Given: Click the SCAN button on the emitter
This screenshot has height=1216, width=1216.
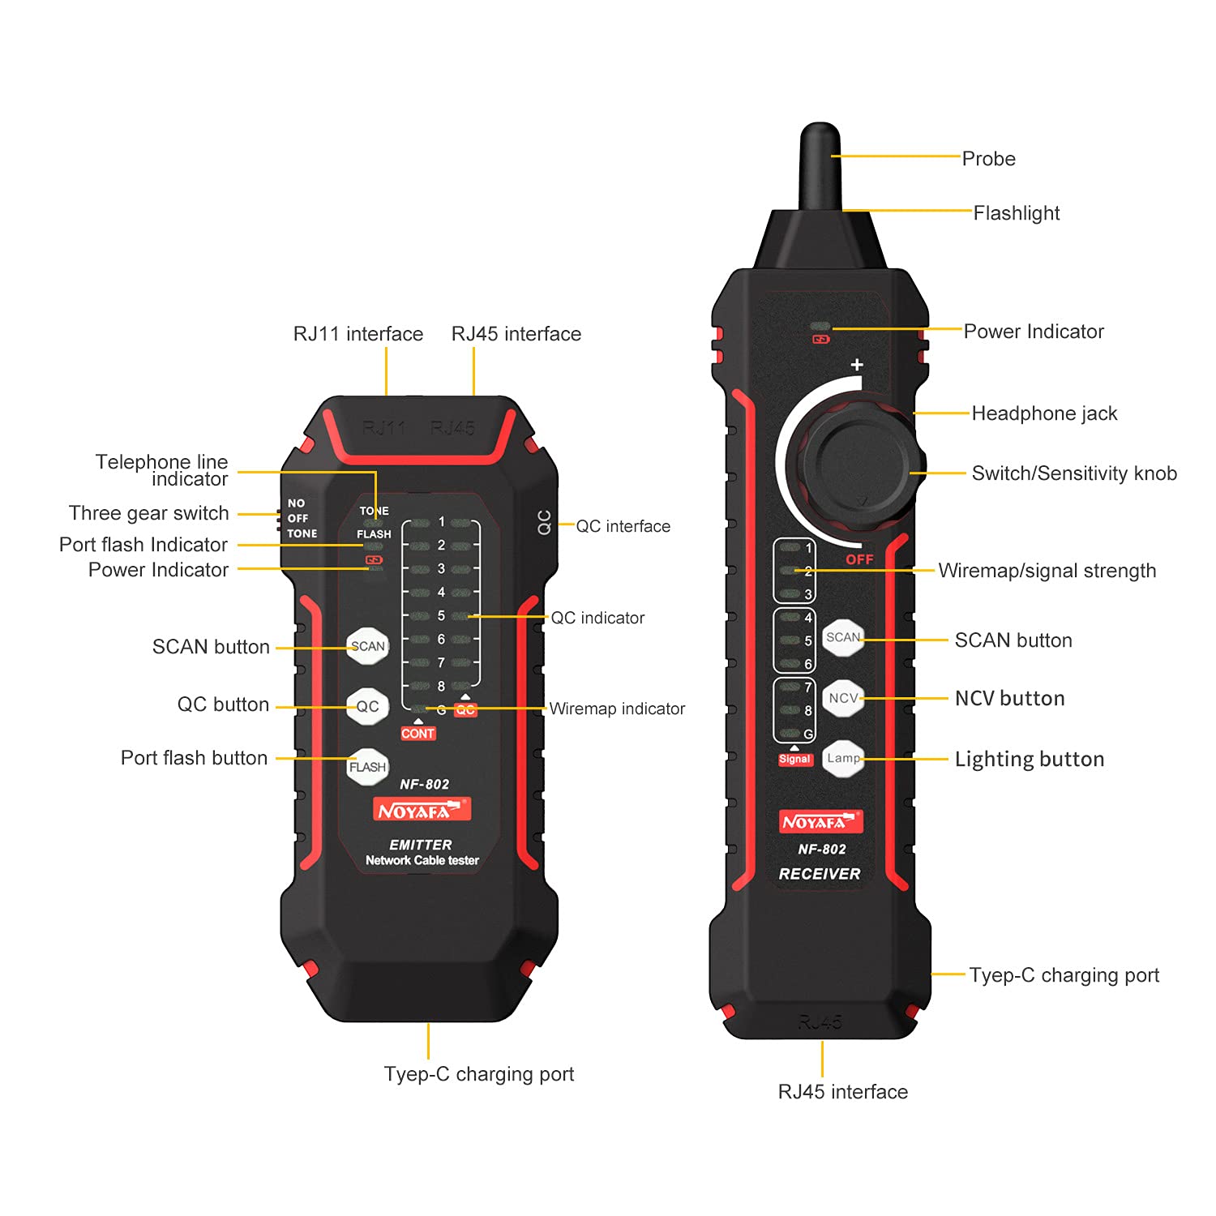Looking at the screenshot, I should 367,646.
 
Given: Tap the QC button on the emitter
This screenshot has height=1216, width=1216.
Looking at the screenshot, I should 367,706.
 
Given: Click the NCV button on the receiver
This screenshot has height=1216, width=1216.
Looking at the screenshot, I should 843,698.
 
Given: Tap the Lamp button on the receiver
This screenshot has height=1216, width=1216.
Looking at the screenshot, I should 843,758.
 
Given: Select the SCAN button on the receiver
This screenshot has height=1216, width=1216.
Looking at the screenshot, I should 843,637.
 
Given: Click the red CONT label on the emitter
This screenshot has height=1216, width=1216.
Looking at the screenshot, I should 418,734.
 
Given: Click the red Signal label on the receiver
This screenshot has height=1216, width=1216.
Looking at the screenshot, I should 794,760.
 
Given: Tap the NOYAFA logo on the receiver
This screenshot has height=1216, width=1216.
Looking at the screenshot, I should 820,822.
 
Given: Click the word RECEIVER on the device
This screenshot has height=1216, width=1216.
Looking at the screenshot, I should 820,874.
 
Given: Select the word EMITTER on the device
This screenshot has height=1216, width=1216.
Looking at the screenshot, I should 421,845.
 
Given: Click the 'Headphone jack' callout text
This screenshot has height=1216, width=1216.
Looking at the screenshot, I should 1044,413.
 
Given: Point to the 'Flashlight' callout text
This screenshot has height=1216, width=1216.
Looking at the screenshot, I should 1016,213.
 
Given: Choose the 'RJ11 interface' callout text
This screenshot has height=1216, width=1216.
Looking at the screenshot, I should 358,334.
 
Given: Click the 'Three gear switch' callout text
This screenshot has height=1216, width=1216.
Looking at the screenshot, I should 149,513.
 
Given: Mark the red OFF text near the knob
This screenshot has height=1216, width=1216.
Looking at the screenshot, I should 859,559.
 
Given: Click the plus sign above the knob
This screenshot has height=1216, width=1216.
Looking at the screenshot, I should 857,365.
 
